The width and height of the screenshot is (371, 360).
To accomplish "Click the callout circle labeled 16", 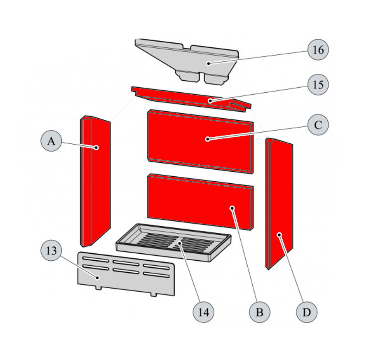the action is [x=318, y=50].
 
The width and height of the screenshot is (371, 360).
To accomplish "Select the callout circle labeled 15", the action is [x=318, y=84].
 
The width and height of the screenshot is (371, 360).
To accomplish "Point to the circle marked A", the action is [x=51, y=141].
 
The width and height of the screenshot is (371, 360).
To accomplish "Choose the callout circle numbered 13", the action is [x=51, y=250].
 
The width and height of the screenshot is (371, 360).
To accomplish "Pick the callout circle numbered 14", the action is [x=204, y=312].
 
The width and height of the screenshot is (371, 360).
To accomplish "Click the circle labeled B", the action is [x=260, y=312].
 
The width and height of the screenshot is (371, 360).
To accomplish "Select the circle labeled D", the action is [x=307, y=312].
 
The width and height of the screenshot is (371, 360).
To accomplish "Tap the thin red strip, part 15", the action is [x=191, y=99].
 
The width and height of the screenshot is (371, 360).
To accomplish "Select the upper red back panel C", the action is [x=201, y=141].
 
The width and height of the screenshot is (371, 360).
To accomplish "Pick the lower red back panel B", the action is [x=201, y=202].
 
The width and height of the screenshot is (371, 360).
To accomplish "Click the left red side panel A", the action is [x=96, y=181].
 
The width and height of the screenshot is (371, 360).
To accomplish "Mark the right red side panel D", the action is [x=279, y=204].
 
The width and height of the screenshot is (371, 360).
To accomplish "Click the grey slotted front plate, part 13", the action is [x=126, y=274].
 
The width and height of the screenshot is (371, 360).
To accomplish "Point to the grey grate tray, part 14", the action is [x=174, y=243].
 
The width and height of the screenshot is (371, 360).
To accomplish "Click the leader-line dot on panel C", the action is [x=207, y=139].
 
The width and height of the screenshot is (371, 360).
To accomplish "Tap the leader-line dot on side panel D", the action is [x=279, y=235].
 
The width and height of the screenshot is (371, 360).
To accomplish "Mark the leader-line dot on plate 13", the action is [x=97, y=278].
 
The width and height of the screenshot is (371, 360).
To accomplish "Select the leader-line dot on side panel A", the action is [x=96, y=147].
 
